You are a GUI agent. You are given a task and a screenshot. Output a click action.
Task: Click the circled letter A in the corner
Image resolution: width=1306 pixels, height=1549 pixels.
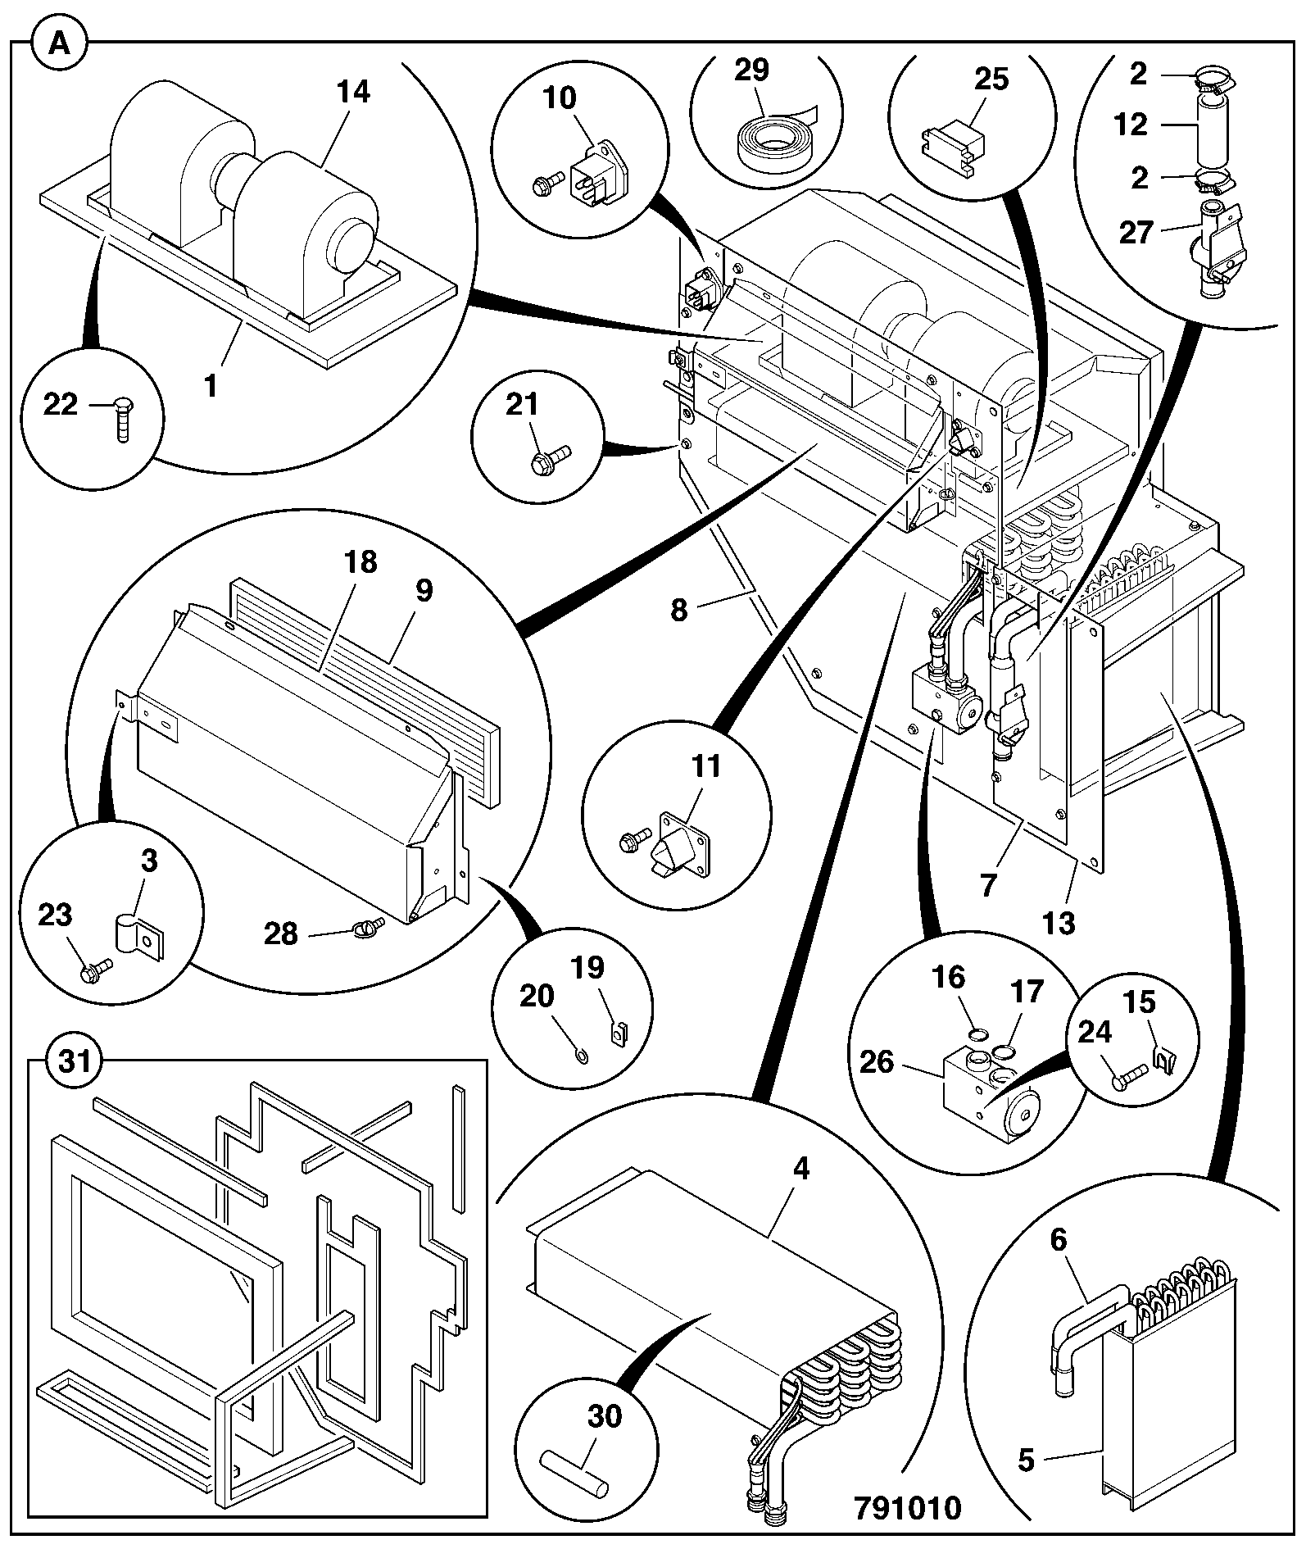coord(58,43)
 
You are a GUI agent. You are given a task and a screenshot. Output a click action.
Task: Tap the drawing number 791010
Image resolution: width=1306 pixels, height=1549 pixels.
coord(907,1507)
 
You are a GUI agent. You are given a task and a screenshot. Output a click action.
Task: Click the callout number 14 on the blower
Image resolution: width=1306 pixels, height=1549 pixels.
coord(353,92)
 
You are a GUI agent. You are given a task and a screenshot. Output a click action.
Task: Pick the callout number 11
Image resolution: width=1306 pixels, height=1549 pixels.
coord(705,767)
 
